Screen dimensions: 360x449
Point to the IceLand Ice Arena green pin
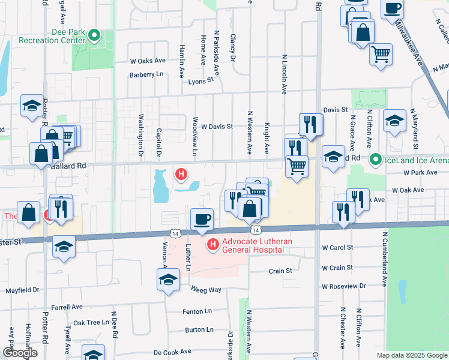376,160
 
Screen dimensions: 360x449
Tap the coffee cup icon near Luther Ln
202,219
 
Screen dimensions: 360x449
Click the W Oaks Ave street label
148,61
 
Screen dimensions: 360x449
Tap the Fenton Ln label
198,311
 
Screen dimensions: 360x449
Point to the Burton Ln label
199,329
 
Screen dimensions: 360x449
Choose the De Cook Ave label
172,352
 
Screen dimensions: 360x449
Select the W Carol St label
337,247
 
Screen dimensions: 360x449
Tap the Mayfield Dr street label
22,290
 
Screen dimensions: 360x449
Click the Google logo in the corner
19,353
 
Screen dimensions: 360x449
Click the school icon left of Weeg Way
169,280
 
